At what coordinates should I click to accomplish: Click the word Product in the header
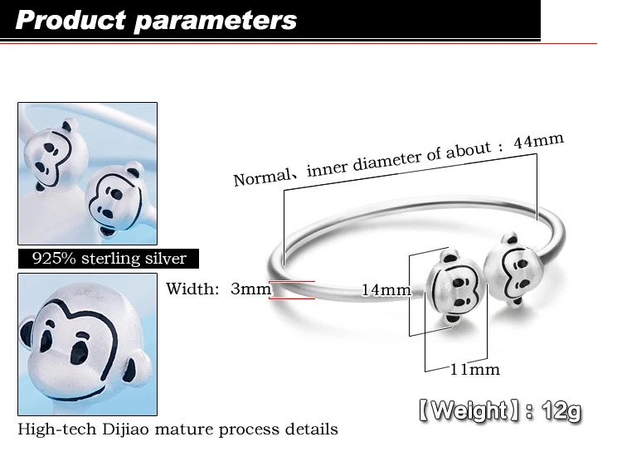click(70, 20)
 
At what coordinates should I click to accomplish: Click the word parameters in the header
click(216, 22)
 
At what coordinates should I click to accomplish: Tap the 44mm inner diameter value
click(538, 140)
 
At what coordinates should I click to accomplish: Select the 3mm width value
click(250, 289)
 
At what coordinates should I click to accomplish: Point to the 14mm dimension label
click(386, 290)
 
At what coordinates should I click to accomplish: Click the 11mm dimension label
click(474, 370)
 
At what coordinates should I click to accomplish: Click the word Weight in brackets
click(469, 410)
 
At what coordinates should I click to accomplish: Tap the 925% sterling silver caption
click(109, 259)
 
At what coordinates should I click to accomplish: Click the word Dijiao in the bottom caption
click(125, 429)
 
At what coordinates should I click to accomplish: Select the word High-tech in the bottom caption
click(56, 429)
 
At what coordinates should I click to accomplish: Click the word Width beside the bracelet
click(192, 289)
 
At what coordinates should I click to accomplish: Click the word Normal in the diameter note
click(262, 177)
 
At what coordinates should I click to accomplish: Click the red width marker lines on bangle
click(292, 290)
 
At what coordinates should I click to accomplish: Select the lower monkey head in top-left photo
click(115, 197)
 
